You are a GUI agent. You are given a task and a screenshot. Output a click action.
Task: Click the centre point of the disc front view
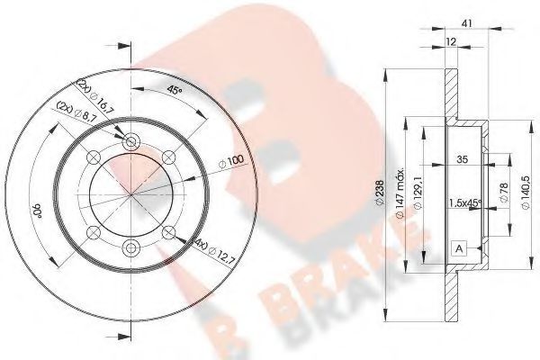(x=131, y=194)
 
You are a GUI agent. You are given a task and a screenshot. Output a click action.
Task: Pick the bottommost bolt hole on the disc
(x=131, y=248)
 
